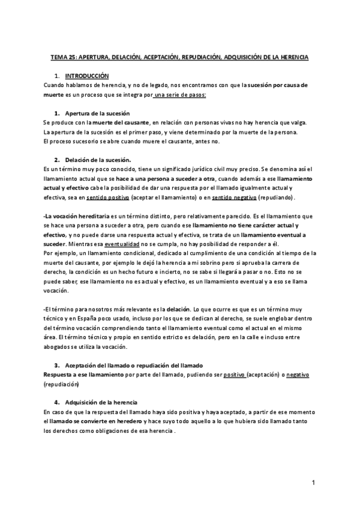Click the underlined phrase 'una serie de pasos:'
pyautogui.click(x=180, y=95)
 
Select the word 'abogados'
pyautogui.click(x=59, y=347)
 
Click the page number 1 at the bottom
pyautogui.click(x=313, y=483)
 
